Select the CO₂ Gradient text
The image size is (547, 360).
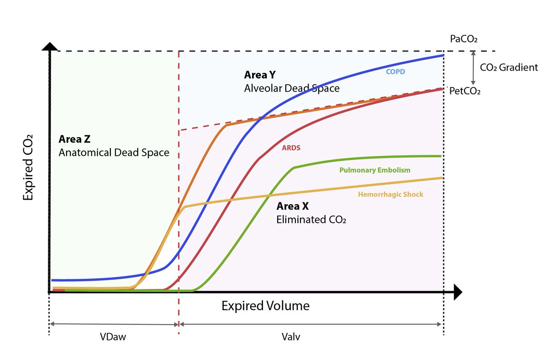tap(509, 67)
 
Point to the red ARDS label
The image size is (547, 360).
tap(291, 148)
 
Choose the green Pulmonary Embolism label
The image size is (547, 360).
tap(375, 170)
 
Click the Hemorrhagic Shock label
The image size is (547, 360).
tap(391, 195)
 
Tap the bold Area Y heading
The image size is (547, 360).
tap(260, 75)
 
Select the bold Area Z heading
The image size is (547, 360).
tap(75, 139)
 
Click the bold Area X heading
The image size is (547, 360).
tap(293, 206)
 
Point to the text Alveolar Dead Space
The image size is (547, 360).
tap(292, 88)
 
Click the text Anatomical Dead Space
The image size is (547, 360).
tap(114, 153)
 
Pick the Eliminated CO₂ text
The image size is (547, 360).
tap(311, 220)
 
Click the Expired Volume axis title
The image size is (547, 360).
tap(265, 306)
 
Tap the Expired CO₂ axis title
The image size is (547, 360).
tap(28, 167)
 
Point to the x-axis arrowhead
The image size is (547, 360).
tap(458, 292)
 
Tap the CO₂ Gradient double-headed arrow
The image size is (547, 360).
tap(473, 67)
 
